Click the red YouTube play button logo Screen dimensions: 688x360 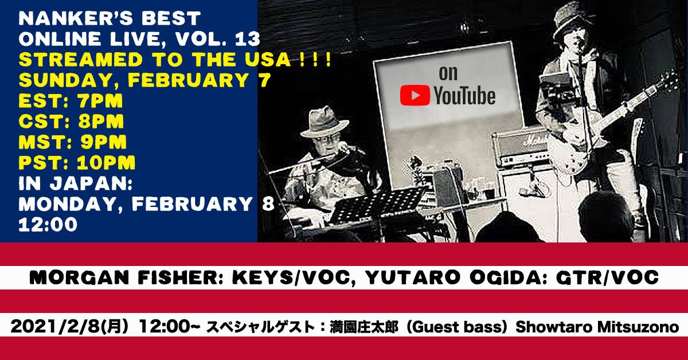click(x=415, y=95)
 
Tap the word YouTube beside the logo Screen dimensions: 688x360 click(x=465, y=96)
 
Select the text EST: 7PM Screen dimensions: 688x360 click(x=71, y=101)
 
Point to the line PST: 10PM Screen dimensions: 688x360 click(x=77, y=162)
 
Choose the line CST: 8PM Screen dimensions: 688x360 click(x=71, y=122)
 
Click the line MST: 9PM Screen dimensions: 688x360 click(x=72, y=142)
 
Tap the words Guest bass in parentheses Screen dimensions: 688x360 click(x=456, y=327)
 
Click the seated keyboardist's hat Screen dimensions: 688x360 click(x=325, y=122)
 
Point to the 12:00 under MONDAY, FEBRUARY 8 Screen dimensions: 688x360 click(x=48, y=225)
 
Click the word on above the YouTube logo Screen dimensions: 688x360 click(x=448, y=73)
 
